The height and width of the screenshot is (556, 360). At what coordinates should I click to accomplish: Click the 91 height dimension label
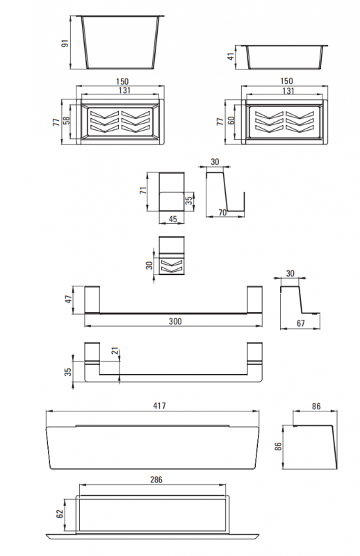pyautogui.click(x=65, y=44)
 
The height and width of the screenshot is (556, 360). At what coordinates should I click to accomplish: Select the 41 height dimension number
pyautogui.click(x=231, y=56)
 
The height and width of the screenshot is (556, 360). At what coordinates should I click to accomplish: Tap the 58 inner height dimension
pyautogui.click(x=66, y=120)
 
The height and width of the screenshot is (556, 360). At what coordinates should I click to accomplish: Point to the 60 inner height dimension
pyautogui.click(x=231, y=120)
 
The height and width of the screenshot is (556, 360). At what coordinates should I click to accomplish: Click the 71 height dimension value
pyautogui.click(x=143, y=190)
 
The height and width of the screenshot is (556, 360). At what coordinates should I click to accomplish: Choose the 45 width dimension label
pyautogui.click(x=173, y=219)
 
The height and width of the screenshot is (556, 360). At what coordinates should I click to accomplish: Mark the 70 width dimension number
pyautogui.click(x=222, y=213)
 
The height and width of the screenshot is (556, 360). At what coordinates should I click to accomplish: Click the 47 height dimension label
pyautogui.click(x=69, y=299)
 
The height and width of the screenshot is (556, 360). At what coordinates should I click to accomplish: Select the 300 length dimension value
pyautogui.click(x=175, y=321)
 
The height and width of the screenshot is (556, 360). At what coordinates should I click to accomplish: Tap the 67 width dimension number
pyautogui.click(x=301, y=323)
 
